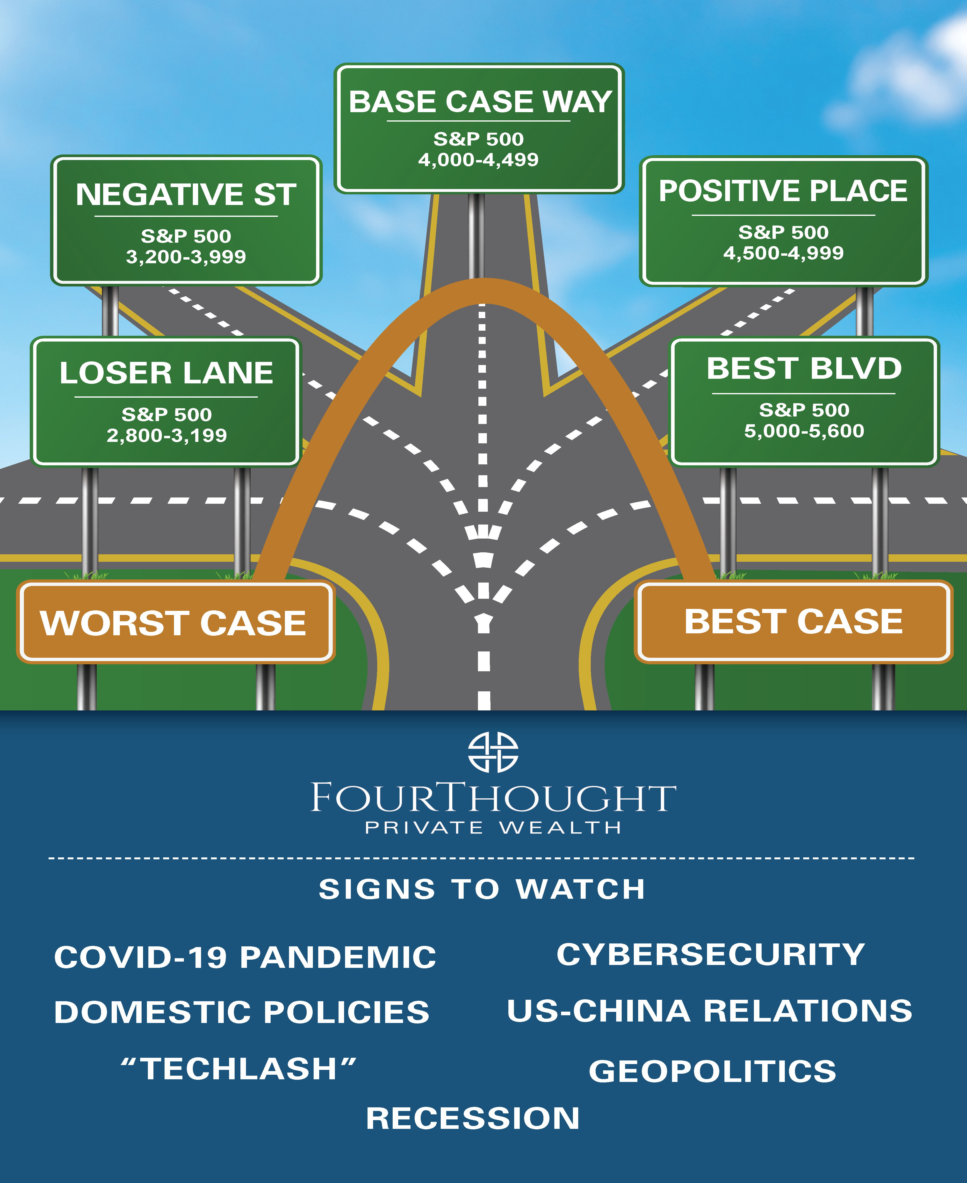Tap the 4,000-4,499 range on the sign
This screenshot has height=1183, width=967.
pos(478,160)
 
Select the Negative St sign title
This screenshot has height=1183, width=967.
pos(186,195)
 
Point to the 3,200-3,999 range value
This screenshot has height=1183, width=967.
pos(186,257)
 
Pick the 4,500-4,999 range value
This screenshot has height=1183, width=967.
pos(783,253)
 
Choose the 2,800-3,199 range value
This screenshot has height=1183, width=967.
pos(166,435)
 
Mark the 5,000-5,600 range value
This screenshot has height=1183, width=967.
pos(804,431)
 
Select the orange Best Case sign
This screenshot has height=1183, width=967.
pos(793,621)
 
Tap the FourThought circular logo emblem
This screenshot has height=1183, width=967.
pos(493,752)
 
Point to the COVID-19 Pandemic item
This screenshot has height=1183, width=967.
pos(245,957)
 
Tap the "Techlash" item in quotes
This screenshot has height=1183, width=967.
pos(238,1069)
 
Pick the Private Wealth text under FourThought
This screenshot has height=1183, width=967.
pos(493,827)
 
